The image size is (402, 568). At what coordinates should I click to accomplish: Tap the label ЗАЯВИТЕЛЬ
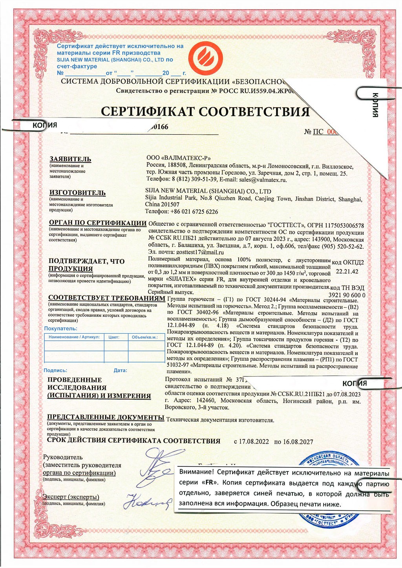[70, 159]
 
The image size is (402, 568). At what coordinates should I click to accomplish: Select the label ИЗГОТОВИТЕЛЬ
[77, 193]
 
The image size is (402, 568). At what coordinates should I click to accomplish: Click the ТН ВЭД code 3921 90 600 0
[347, 295]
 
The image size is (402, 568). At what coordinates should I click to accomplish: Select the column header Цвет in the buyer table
[114, 337]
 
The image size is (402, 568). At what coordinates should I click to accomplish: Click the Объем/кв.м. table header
[145, 337]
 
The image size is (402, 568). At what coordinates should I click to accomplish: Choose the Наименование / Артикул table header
[74, 337]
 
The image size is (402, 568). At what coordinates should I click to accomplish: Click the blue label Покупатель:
[60, 329]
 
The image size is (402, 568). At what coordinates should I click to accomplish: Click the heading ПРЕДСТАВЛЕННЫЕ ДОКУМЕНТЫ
[106, 417]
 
